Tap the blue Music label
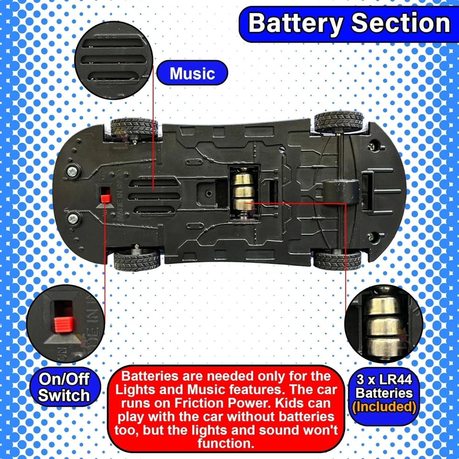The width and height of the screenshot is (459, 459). point(192,73)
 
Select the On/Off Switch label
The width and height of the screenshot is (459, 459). point(64,387)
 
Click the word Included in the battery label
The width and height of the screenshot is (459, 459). point(384,407)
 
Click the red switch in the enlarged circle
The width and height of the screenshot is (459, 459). point(63,324)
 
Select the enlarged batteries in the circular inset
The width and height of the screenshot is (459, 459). point(382,323)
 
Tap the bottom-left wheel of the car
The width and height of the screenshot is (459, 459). point(137,260)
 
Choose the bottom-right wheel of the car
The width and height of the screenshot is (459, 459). point(337,260)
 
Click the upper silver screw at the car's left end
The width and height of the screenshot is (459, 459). point(72,171)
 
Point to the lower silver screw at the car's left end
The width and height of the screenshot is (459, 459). point(73,219)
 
